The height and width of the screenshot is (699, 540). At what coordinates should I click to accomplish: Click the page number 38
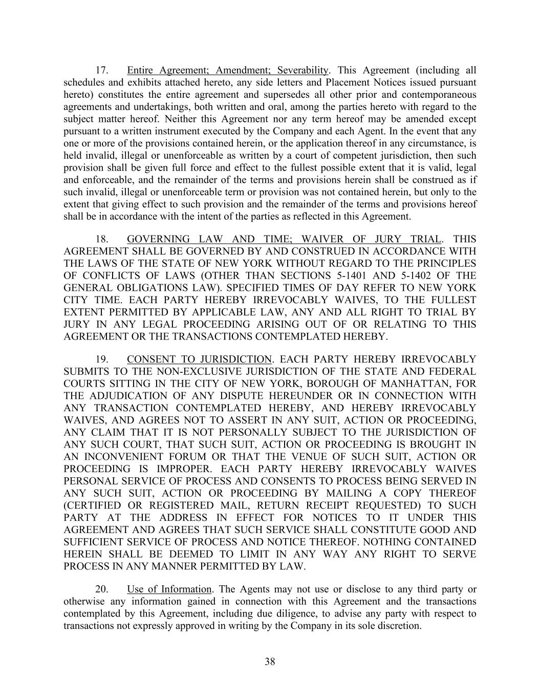(270, 662)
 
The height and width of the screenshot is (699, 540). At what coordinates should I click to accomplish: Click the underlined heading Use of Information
(169, 589)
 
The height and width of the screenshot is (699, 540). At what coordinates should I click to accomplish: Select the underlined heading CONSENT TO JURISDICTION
(199, 359)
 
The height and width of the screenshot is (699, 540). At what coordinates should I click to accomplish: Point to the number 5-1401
(354, 276)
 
